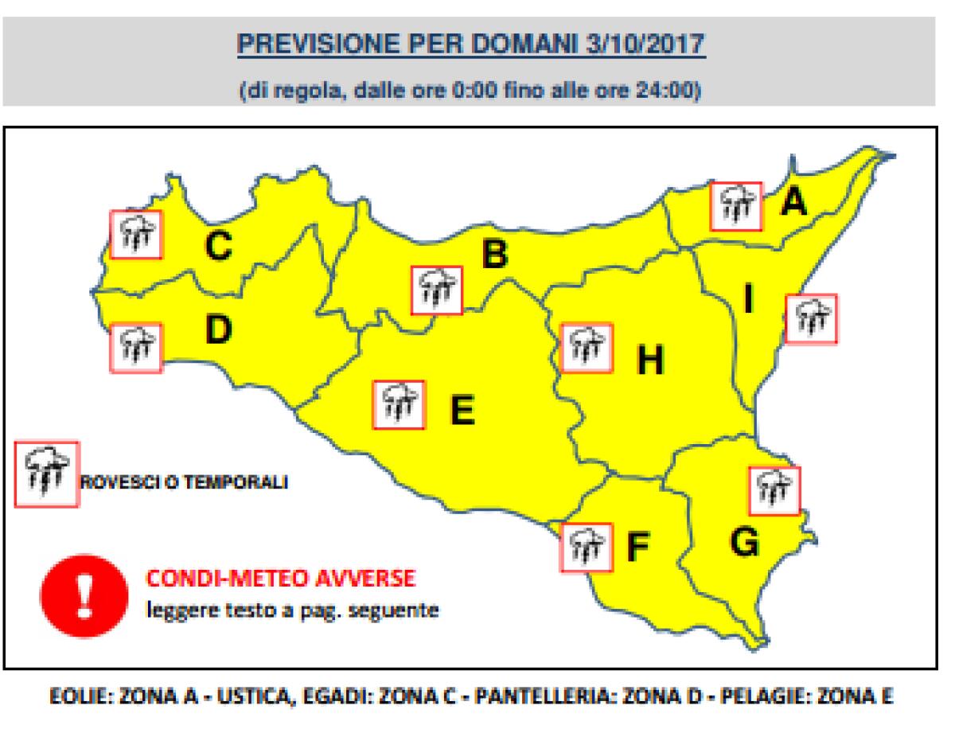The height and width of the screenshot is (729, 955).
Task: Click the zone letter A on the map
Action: [793, 203]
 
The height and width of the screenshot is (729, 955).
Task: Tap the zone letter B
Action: [494, 255]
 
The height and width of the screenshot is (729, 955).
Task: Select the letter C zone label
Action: [217, 246]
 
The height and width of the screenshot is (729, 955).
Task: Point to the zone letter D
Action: [216, 329]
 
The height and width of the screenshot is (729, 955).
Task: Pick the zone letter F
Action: [637, 547]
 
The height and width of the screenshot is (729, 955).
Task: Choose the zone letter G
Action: [743, 543]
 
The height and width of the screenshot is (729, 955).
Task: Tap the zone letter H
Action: [649, 362]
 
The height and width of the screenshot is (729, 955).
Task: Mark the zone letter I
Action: [747, 299]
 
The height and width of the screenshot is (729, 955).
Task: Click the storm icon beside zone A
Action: [736, 206]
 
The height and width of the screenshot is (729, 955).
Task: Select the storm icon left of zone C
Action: [135, 234]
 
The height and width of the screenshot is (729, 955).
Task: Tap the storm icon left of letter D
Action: [135, 347]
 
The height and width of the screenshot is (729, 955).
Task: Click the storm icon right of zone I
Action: [811, 319]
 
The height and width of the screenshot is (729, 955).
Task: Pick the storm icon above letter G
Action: [774, 490]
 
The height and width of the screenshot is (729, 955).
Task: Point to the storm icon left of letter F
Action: [587, 548]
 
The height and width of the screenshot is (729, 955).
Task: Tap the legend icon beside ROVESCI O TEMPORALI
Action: [48, 474]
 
